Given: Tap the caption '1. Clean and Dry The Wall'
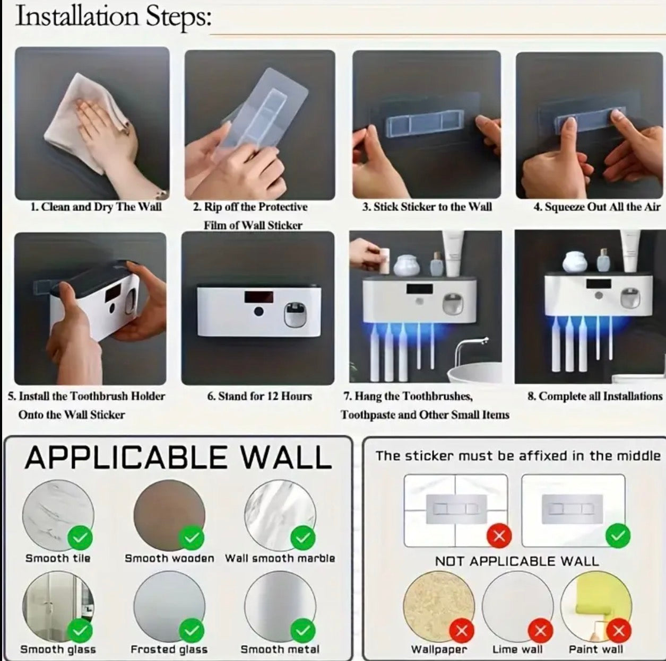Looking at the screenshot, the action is click(96, 207).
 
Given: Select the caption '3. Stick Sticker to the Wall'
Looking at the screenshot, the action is click(427, 207).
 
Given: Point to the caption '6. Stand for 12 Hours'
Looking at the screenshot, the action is click(260, 396).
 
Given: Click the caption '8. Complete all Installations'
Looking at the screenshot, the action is click(595, 396).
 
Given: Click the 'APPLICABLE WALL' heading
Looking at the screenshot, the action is click(178, 457).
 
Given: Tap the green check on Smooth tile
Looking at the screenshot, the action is click(80, 537).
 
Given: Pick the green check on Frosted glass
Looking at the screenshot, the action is click(192, 631).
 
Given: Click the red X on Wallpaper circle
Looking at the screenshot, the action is click(462, 631).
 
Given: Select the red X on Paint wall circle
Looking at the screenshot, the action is click(619, 631).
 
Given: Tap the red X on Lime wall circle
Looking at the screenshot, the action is click(541, 631).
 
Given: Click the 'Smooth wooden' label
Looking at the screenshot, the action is click(169, 559).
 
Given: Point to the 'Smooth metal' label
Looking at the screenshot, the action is click(280, 650).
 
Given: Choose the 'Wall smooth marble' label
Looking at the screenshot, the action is click(280, 559).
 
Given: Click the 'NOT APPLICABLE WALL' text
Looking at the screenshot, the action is click(517, 561).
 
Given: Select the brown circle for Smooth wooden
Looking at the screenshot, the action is click(169, 515).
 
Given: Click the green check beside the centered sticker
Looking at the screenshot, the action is click(618, 536).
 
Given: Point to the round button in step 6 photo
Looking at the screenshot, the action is click(258, 312).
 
